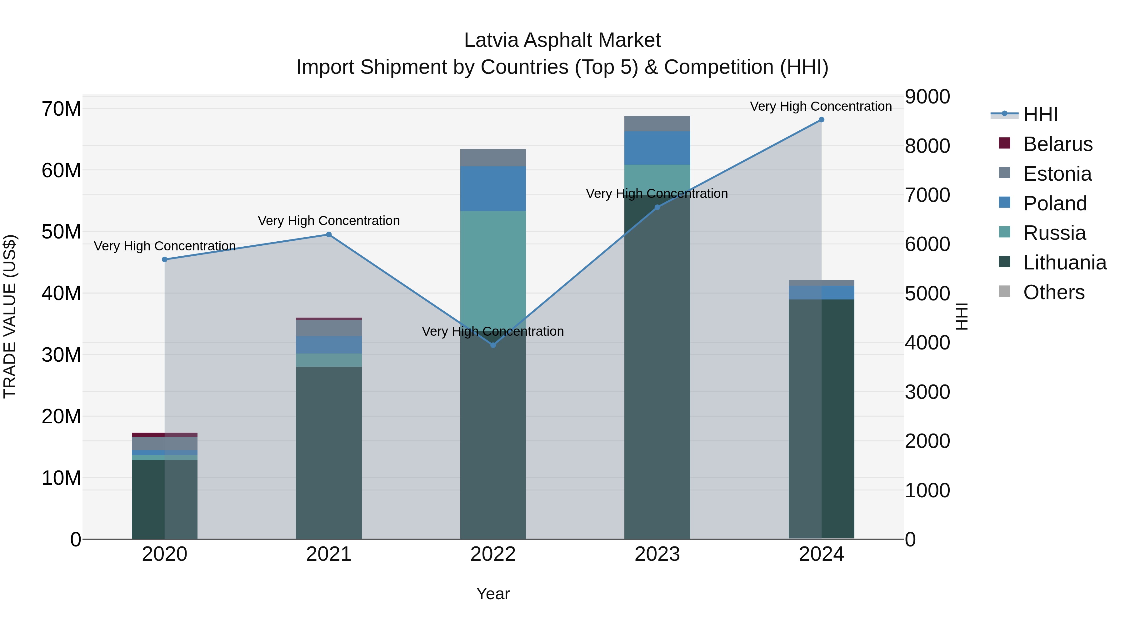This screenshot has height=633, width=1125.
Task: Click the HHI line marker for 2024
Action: [x=821, y=120]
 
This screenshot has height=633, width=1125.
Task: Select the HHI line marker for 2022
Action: [x=493, y=345]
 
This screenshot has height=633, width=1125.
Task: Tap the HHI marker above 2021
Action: [x=329, y=234]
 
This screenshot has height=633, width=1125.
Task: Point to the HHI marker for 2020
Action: [x=165, y=259]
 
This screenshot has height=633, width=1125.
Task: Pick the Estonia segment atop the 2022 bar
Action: [x=493, y=158]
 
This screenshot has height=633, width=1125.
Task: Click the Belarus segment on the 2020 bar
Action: [x=165, y=435]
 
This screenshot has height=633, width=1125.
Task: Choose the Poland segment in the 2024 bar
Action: [x=821, y=293]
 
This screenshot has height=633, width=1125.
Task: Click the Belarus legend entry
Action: [x=1057, y=144]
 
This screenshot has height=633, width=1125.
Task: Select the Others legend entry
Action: [x=1053, y=292]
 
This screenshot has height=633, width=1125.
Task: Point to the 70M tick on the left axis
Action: [x=61, y=109]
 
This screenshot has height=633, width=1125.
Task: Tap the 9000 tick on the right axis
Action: [x=927, y=97]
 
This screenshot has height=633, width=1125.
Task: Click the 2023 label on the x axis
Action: [x=657, y=554]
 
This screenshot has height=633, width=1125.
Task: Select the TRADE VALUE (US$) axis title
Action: [x=10, y=316]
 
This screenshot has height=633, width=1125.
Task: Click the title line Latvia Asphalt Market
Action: [x=562, y=40]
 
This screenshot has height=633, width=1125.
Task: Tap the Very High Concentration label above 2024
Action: [x=821, y=106]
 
